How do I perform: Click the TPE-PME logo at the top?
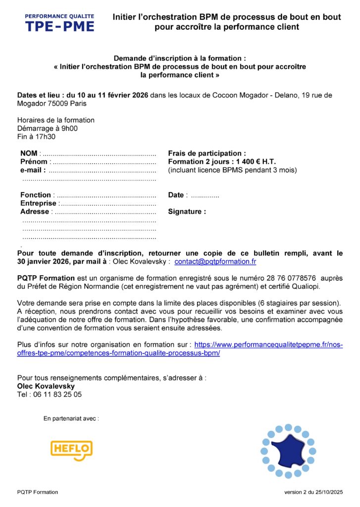(59, 23)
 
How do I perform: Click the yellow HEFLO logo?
(71, 450)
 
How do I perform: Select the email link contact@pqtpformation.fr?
(215, 261)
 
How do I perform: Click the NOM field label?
(29, 153)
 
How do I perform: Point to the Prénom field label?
(34, 162)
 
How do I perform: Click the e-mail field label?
(33, 170)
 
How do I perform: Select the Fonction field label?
(35, 195)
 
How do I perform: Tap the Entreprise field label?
(38, 203)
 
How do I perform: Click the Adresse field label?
(35, 212)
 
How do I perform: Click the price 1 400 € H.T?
(254, 162)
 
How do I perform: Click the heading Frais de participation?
(207, 153)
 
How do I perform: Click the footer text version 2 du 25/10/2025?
(313, 492)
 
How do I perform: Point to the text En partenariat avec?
(71, 419)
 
